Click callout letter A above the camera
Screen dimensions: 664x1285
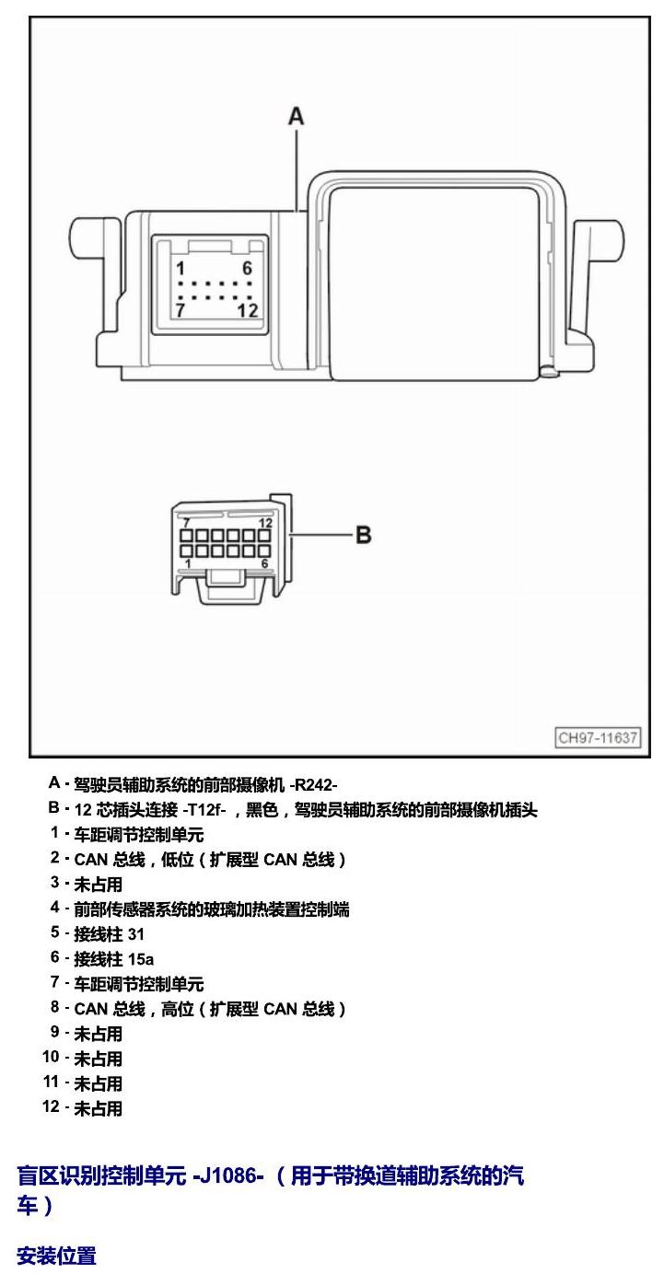[296, 117]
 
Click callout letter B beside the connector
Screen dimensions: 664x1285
[363, 535]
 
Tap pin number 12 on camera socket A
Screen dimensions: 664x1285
[248, 310]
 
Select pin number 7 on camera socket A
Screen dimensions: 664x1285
[181, 310]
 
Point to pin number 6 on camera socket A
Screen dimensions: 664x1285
[248, 268]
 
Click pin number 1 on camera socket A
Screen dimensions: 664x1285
[181, 268]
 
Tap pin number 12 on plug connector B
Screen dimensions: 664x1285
[265, 523]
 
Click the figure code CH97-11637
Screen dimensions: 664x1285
[598, 737]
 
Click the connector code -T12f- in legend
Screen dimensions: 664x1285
[204, 809]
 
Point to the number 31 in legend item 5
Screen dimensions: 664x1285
[136, 934]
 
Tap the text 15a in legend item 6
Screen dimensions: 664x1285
[141, 959]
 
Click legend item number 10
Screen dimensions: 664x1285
[51, 1057]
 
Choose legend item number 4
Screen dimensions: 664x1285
[54, 907]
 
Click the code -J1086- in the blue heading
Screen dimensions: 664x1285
[228, 1175]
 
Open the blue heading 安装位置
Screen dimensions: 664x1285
[56, 1256]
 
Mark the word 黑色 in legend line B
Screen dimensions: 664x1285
[262, 809]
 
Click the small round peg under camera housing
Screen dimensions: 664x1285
[548, 372]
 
